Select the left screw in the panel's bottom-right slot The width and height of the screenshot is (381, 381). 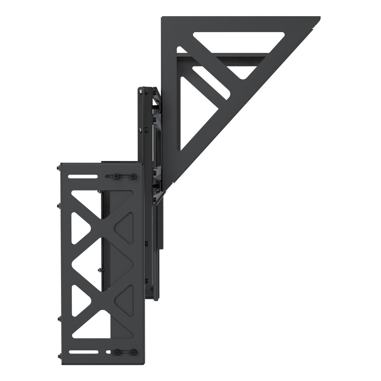pyautogui.click(x=117, y=352)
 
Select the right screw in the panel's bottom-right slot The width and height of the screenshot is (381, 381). pyautogui.click(x=131, y=352)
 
